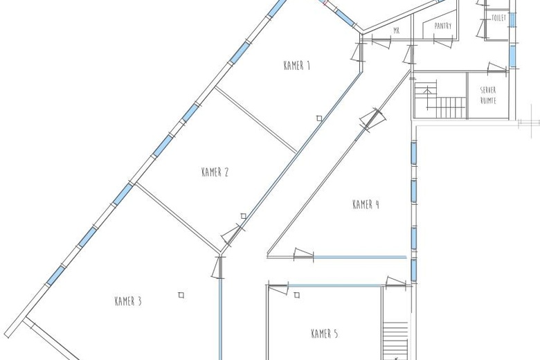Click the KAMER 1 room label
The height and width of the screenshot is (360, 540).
tap(296, 66)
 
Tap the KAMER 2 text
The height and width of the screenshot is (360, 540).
tap(215, 172)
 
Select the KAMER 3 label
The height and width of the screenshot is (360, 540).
tap(128, 301)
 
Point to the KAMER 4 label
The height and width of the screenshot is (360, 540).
tap(366, 204)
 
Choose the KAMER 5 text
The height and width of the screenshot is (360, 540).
tap(324, 334)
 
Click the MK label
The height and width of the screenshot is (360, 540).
tap(396, 30)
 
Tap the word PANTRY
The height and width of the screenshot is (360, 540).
tap(443, 26)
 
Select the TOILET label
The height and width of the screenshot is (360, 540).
tap(498, 17)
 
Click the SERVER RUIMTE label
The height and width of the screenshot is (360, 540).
tap(487, 95)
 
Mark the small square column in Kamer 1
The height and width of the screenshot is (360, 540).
tap(319, 118)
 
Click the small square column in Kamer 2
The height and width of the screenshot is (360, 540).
tap(244, 216)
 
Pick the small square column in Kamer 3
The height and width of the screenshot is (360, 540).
tap(181, 295)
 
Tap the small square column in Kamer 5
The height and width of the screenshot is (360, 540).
tap(297, 295)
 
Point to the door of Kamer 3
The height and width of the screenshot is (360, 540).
tap(220, 267)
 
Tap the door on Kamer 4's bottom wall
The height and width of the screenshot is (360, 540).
tap(303, 255)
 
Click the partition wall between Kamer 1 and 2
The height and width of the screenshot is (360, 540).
tap(257, 119)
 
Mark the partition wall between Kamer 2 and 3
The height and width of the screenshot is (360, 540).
tap(177, 214)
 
